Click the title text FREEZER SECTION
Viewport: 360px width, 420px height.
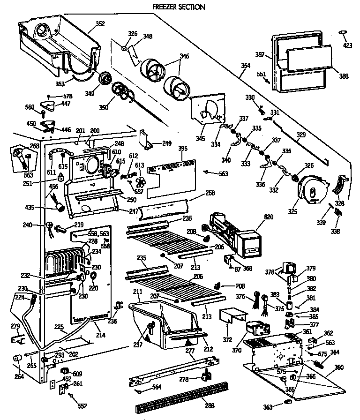(179, 7)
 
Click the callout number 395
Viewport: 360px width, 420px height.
(183, 149)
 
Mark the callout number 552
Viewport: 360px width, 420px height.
(82, 406)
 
